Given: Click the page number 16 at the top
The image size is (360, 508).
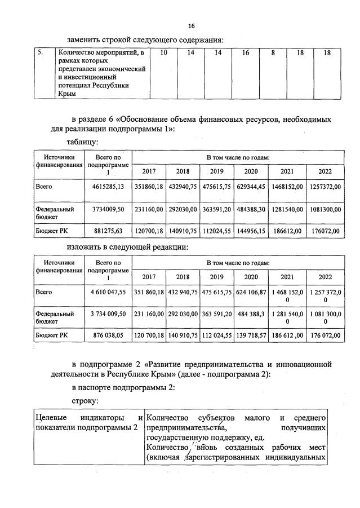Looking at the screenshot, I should click(191, 26).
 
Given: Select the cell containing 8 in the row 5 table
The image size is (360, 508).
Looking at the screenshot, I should click(273, 53).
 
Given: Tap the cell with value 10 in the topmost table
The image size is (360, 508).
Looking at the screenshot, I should click(164, 53).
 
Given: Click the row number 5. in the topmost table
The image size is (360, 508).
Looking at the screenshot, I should click(41, 53).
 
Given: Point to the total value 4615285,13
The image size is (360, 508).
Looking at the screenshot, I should click(108, 187).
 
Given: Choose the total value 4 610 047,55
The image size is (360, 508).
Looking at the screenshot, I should click(108, 293).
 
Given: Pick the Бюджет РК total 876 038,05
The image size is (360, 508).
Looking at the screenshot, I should click(108, 337).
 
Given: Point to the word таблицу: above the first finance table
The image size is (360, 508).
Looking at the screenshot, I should click(83, 142).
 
